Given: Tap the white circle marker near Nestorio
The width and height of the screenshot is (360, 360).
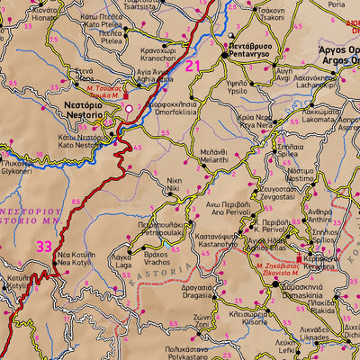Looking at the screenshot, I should tap(129, 109).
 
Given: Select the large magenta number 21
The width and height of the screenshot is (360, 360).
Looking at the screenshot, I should tap(193, 66).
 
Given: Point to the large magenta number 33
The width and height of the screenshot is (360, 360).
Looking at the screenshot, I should tap(44, 245).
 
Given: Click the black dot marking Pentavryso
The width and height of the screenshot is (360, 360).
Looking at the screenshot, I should tap(224, 57).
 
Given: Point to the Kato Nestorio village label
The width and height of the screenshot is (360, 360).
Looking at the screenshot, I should tap(79, 141).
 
